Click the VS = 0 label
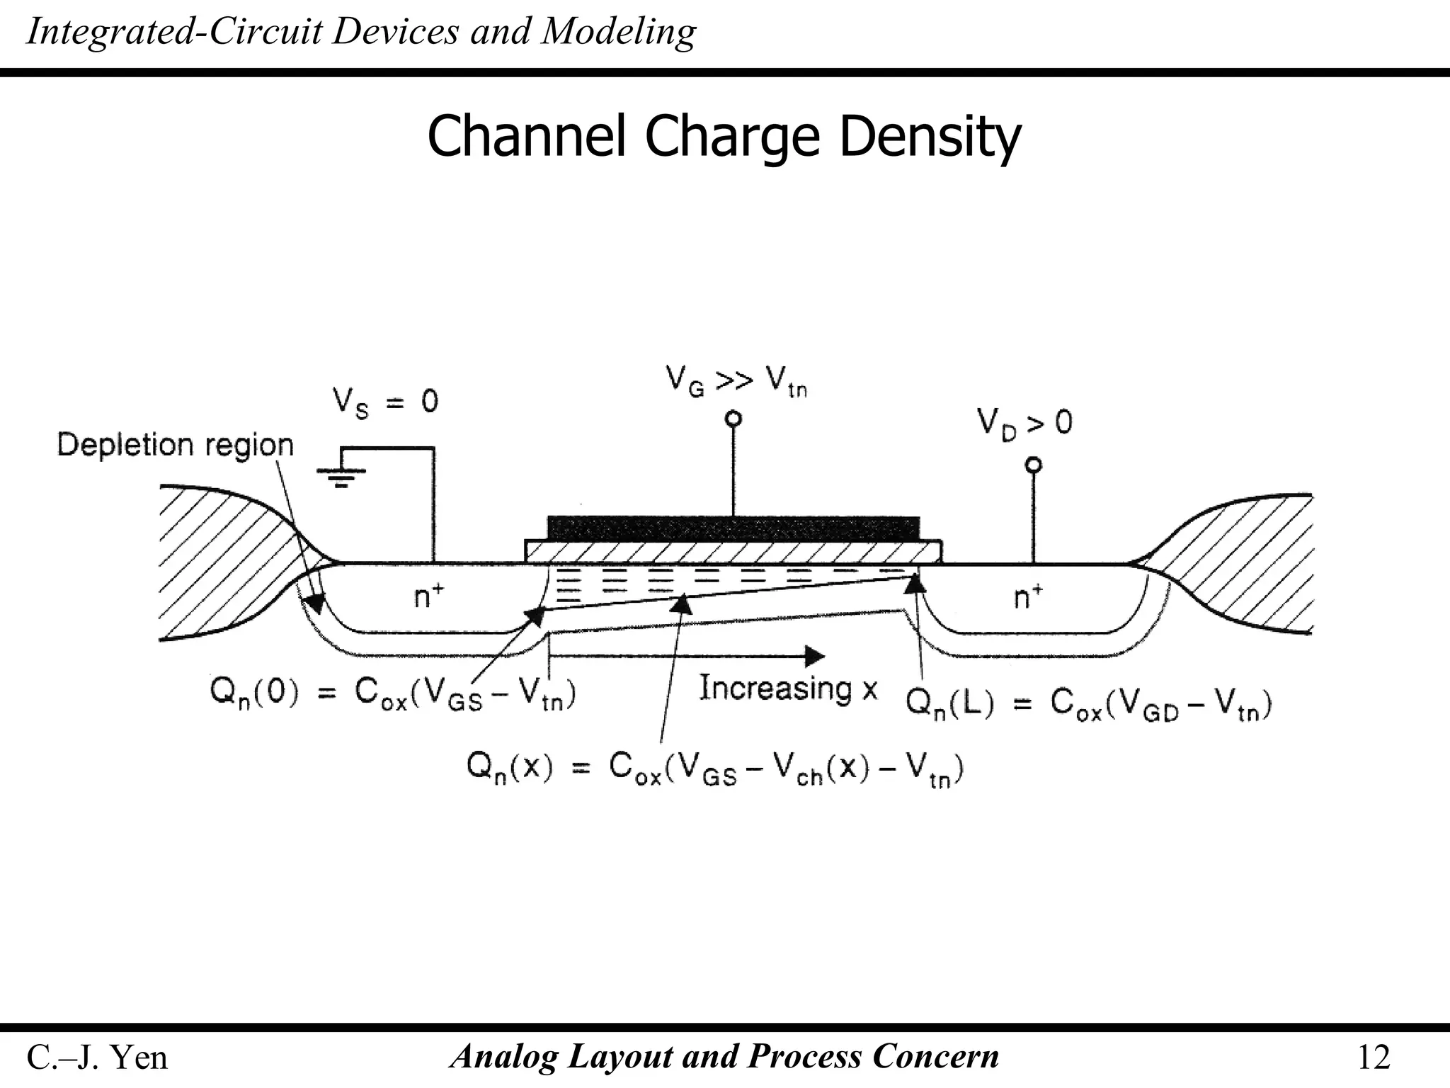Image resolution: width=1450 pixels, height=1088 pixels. pos(386,402)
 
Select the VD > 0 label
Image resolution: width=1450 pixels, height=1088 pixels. pos(1024,423)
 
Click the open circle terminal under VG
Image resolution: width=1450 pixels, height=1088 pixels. pos(734,419)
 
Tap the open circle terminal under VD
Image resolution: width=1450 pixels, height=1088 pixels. pos(1034,465)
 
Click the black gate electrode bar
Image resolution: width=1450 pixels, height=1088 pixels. pos(733,528)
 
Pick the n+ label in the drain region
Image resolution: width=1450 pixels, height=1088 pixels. pos(1029,596)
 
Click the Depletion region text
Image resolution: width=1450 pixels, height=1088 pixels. pos(175,445)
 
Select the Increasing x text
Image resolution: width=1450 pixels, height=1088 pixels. pos(788,688)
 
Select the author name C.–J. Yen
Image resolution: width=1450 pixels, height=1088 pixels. pos(97,1058)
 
